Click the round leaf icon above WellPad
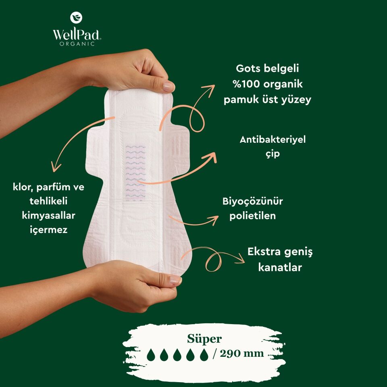(76, 17)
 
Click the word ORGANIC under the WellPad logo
(77, 44)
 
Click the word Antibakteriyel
(273, 139)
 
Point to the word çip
(273, 154)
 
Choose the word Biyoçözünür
(252, 201)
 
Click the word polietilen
(252, 216)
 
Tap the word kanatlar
(280, 267)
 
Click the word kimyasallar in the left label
(49, 215)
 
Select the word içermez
(49, 230)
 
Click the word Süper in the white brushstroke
(204, 339)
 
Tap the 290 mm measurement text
(241, 354)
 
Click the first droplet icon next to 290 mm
(151, 355)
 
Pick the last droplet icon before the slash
(204, 355)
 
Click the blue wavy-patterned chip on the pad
(136, 172)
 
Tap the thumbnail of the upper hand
(169, 86)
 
